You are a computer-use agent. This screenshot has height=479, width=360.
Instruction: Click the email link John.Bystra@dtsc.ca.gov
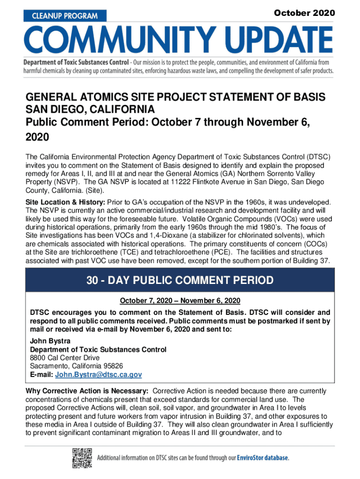pyautogui.click(x=98, y=375)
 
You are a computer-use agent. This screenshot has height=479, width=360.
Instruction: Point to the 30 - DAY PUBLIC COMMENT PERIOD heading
pyautogui.click(x=180, y=281)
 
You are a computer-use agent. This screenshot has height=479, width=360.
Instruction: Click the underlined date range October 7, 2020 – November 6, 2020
pyautogui.click(x=180, y=300)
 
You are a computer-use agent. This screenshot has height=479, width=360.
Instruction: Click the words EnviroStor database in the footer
pyautogui.click(x=262, y=457)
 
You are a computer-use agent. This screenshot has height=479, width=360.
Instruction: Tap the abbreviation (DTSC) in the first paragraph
pyautogui.click(x=319, y=158)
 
